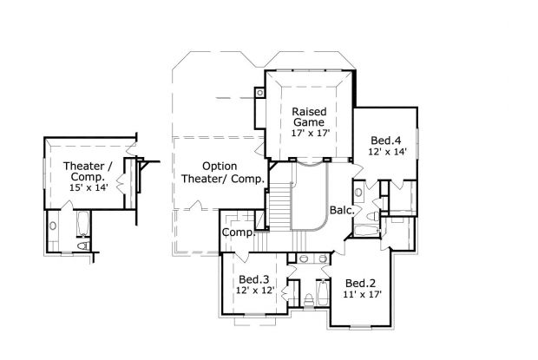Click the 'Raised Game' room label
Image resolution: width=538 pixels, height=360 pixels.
[x=308, y=118]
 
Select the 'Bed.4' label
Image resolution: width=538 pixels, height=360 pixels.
[x=385, y=141]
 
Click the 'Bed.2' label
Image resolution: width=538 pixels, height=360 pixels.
[x=358, y=283]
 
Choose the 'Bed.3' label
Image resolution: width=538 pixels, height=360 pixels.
[x=254, y=278]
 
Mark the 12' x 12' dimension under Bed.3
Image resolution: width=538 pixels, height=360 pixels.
[x=254, y=290]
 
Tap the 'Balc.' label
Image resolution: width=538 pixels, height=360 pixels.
[x=341, y=210]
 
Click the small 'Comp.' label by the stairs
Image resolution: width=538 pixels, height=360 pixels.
[x=237, y=232]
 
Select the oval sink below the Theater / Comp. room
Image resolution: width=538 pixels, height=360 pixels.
[x=54, y=226]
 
